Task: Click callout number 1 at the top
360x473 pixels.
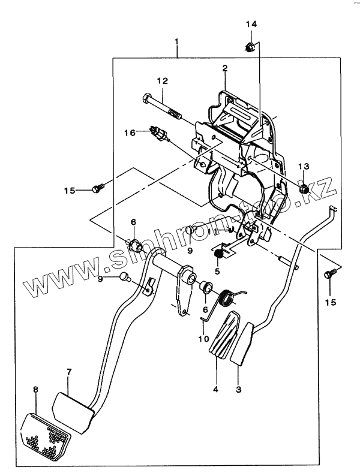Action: [x=177, y=41]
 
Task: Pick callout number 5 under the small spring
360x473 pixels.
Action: [x=217, y=271]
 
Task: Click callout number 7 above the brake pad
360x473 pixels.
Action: [x=68, y=372]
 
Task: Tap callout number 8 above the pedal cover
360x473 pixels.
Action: [x=35, y=390]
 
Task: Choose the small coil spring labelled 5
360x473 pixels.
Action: [x=219, y=254]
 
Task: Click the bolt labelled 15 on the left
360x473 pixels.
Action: [x=95, y=189]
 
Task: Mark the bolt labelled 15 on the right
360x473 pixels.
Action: [x=328, y=273]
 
